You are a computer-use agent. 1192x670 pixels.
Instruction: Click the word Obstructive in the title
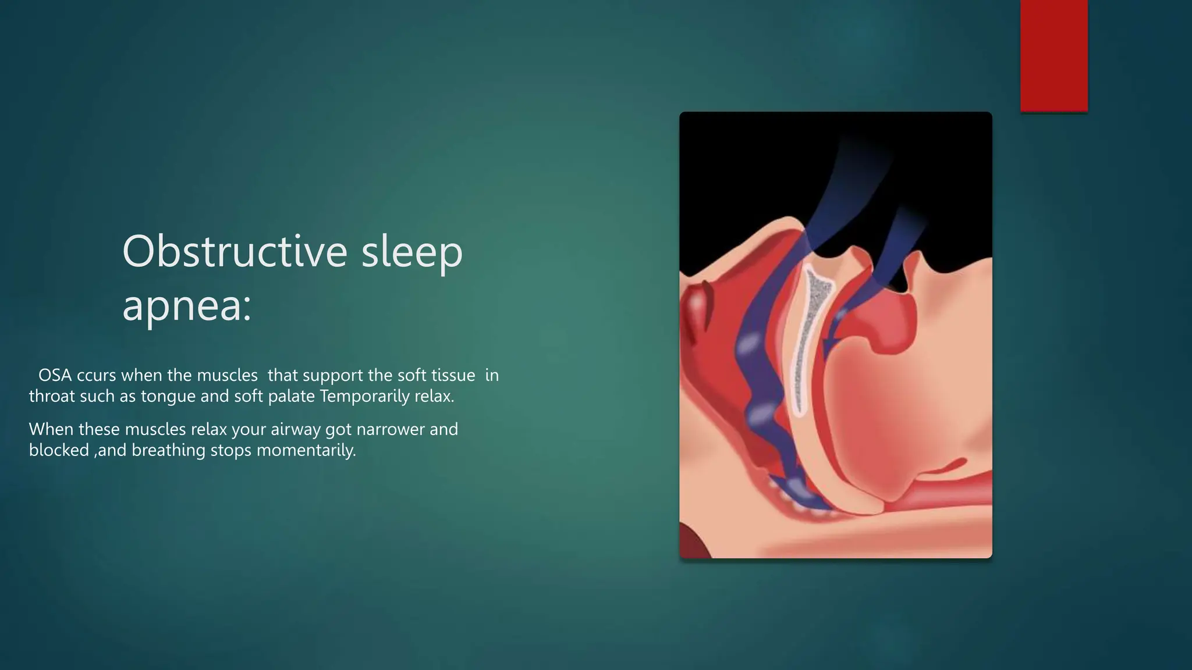tap(235, 251)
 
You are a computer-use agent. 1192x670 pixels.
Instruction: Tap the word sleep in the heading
tap(411, 251)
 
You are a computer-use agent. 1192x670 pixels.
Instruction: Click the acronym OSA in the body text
tap(55, 375)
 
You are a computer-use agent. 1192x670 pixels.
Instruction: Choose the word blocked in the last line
tap(59, 451)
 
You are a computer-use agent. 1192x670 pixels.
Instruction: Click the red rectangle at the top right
tap(1053, 55)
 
